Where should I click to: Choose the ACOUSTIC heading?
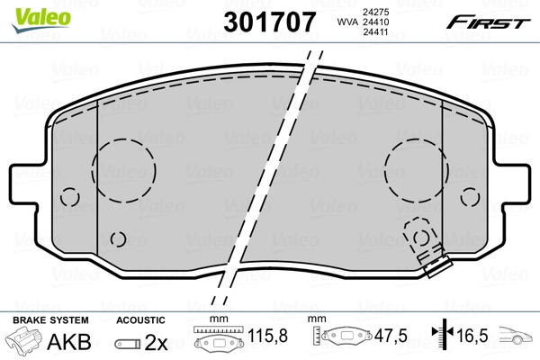tap(141, 320)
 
